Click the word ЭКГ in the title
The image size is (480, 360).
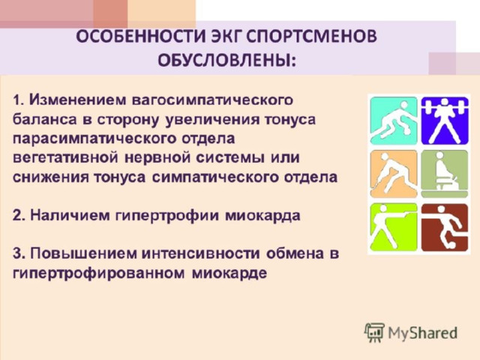tap(225, 37)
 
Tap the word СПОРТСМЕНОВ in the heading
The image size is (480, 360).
tap(311, 37)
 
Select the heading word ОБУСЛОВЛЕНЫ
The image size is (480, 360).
tap(226, 60)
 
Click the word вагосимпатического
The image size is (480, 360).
tap(212, 100)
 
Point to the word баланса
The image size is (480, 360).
tap(45, 120)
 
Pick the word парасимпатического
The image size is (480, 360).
tap(94, 139)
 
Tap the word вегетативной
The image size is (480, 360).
tap(65, 158)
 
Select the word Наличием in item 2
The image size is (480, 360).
tap(70, 215)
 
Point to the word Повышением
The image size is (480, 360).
tap(83, 253)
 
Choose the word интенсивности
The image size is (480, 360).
tap(201, 253)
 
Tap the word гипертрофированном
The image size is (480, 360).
tap(98, 273)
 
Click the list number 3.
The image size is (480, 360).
tap(18, 253)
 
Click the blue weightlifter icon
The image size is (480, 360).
tap(445, 121)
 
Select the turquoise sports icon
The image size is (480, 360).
tap(394, 121)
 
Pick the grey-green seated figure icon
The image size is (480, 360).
tap(445, 174)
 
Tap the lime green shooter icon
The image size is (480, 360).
tap(394, 227)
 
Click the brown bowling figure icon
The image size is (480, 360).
tap(445, 227)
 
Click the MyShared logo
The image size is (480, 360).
tap(411, 332)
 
